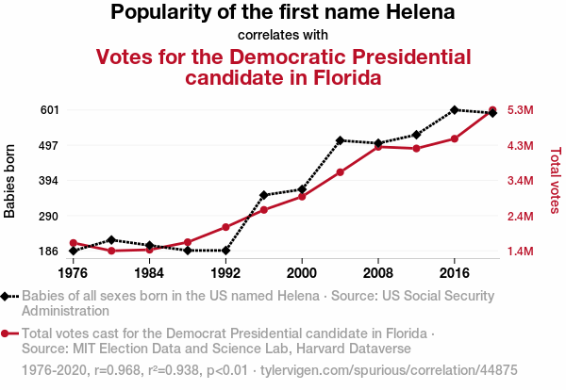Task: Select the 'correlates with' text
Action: tap(283, 35)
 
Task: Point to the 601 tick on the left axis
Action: tap(50, 110)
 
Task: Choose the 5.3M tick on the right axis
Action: tap(521, 110)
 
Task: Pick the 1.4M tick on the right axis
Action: tap(521, 252)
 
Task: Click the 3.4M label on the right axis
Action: tap(521, 181)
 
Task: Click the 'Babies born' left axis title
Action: tap(10, 181)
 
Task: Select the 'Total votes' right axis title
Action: tap(555, 181)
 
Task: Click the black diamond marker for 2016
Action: tap(455, 110)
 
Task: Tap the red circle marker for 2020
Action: tap(492, 110)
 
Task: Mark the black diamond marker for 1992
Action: tap(225, 251)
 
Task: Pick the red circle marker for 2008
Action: tap(378, 147)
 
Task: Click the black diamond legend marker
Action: tap(7, 296)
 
